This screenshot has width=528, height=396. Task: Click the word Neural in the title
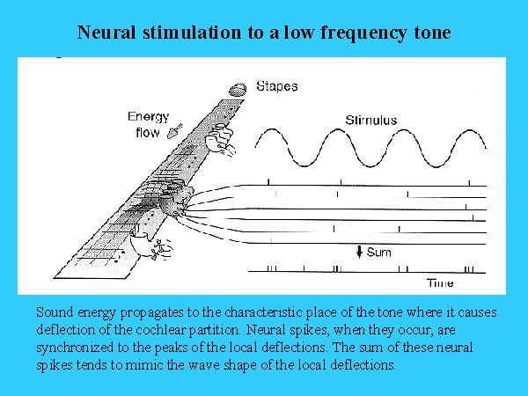tap(106, 33)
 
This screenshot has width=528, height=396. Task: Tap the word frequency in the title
tap(363, 33)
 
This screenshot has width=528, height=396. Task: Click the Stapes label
tap(277, 86)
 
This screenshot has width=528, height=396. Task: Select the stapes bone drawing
tap(238, 90)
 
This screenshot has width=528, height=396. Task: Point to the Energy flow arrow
tap(175, 131)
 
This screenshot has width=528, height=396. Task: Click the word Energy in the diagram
tap(148, 117)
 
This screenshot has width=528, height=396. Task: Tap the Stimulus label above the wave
tap(371, 121)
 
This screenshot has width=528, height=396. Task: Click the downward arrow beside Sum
tap(359, 252)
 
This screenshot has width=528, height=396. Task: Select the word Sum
tap(378, 253)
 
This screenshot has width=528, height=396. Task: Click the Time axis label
tap(440, 282)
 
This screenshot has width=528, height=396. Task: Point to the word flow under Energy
tap(148, 132)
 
